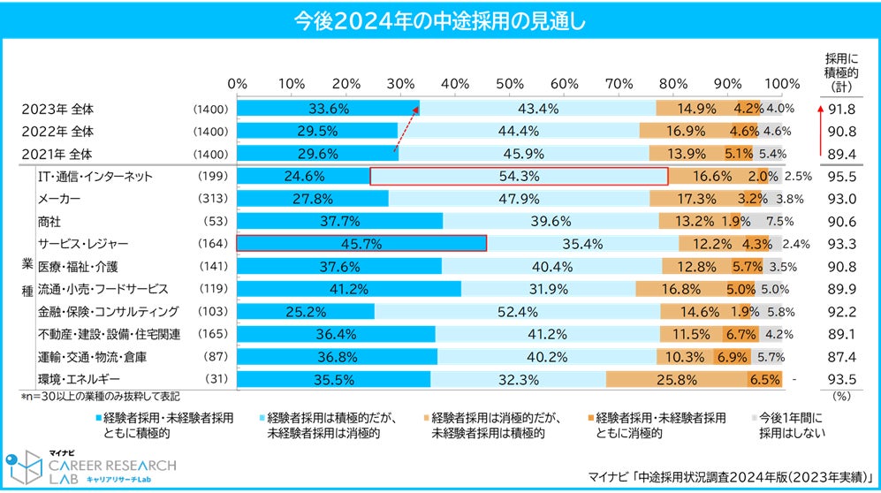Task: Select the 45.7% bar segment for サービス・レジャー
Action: [362, 243]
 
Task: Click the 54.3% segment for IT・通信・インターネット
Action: [518, 176]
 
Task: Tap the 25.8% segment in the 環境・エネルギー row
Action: [676, 378]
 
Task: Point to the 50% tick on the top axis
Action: [510, 83]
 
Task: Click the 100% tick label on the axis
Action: [781, 83]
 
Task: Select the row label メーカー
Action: [60, 198]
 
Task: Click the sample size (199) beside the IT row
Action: [213, 176]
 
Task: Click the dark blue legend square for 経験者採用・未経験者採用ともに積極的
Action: [96, 417]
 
